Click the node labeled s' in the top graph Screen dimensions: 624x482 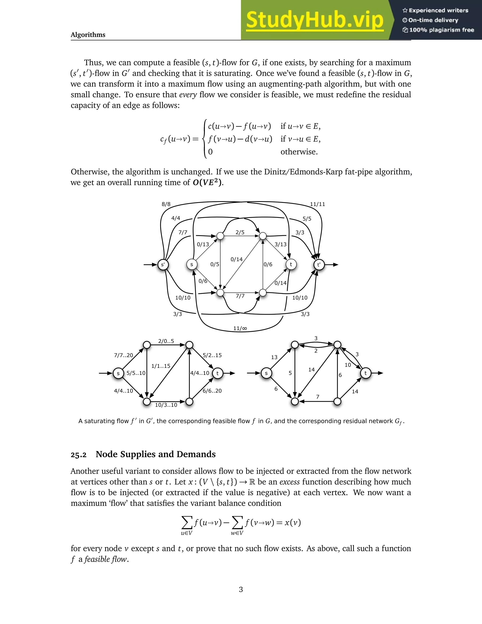pos(163,265)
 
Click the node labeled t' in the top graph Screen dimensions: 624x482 pos(319,265)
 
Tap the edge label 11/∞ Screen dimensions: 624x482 pos(240,328)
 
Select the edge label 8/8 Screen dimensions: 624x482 pos(166,204)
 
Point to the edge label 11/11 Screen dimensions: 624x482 pos(317,204)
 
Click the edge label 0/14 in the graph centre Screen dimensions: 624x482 pos(237,259)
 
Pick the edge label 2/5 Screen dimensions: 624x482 pos(240,232)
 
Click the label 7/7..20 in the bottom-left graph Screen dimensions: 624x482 pos(123,355)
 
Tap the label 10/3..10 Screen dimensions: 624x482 pos(166,405)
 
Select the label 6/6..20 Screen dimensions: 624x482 pos(212,391)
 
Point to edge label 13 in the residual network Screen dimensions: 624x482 pos(274,357)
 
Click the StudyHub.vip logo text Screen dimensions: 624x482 pos(314,20)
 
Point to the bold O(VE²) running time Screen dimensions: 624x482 pos(207,182)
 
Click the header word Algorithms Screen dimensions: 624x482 pos(88,35)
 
